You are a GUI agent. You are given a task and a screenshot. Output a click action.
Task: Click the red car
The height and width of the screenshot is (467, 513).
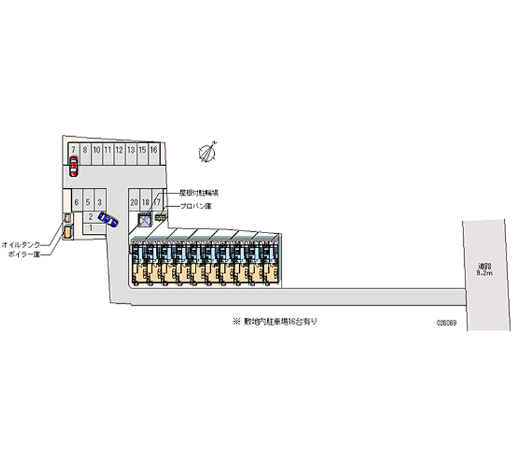tap(74, 167)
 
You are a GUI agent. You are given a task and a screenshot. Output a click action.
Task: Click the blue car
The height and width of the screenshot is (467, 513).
tap(110, 221)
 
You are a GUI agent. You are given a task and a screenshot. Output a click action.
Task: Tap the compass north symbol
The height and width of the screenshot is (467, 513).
tap(209, 151)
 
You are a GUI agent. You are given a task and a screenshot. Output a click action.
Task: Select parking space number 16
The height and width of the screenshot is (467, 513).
tap(154, 150)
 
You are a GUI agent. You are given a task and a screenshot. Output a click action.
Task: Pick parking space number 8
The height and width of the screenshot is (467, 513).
tap(85, 150)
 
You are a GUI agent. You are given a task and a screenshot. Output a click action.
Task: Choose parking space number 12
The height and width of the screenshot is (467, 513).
tap(119, 150)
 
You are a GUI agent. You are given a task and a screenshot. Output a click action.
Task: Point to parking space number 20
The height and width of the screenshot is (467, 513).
tap(134, 202)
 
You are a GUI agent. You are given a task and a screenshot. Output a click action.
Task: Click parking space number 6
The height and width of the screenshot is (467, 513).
tap(76, 202)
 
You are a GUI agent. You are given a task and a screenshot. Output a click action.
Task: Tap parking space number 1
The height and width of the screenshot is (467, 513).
tap(91, 227)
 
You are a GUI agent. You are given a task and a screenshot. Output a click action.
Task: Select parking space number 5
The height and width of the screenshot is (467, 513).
tap(88, 202)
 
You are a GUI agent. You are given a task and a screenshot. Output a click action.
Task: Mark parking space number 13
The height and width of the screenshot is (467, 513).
tap(131, 150)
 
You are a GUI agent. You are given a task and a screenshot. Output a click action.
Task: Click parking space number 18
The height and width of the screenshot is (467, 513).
tap(146, 202)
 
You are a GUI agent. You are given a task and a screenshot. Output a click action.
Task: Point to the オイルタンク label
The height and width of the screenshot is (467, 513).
tap(22, 245)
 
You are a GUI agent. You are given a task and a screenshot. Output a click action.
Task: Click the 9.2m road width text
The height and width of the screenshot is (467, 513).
tap(484, 273)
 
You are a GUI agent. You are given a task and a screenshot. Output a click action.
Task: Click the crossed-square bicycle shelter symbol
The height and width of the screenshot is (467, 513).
tap(146, 220)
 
